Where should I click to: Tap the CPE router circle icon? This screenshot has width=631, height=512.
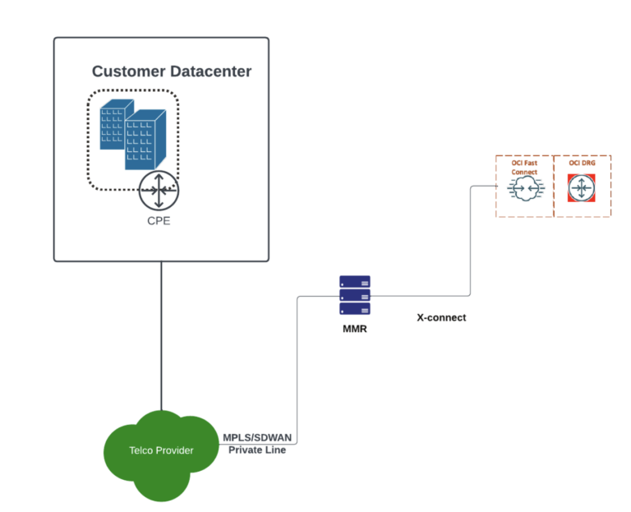pos(158,191)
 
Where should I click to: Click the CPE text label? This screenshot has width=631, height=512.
pos(158,221)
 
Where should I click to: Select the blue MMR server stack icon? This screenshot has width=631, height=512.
pos(354,294)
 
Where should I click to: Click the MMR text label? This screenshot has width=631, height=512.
pos(354,329)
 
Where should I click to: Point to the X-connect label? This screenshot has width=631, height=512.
pos(441,317)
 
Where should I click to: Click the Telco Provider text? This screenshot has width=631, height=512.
pos(161,450)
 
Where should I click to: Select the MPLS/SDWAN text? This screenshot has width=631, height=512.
pos(256,437)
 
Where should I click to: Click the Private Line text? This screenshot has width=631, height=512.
pos(257,450)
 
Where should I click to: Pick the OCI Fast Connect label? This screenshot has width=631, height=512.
pos(524,168)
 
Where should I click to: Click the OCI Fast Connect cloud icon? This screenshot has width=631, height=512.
pos(523,190)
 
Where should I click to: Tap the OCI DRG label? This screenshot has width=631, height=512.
pos(582,164)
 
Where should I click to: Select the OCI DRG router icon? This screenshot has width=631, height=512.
pos(582,189)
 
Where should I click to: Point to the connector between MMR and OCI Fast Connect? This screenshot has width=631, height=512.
pos(469,247)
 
